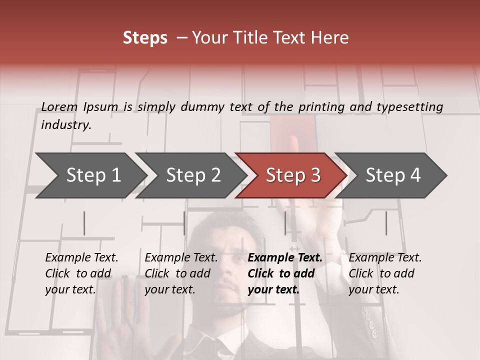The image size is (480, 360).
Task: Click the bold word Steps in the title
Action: (145, 38)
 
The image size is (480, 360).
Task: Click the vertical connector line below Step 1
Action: (84, 223)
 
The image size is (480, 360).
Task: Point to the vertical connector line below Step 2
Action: (184, 223)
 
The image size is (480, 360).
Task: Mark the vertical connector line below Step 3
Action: (285, 223)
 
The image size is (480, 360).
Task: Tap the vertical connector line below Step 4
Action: (386, 223)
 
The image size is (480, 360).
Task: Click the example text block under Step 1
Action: (81, 273)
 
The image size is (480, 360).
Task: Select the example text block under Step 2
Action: (181, 273)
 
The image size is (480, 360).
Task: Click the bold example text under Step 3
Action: (285, 273)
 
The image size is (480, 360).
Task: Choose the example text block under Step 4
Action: (385, 273)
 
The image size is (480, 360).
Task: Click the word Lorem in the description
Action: (59, 106)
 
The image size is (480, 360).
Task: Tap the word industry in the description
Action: (65, 125)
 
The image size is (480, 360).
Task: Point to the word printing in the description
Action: (318, 107)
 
